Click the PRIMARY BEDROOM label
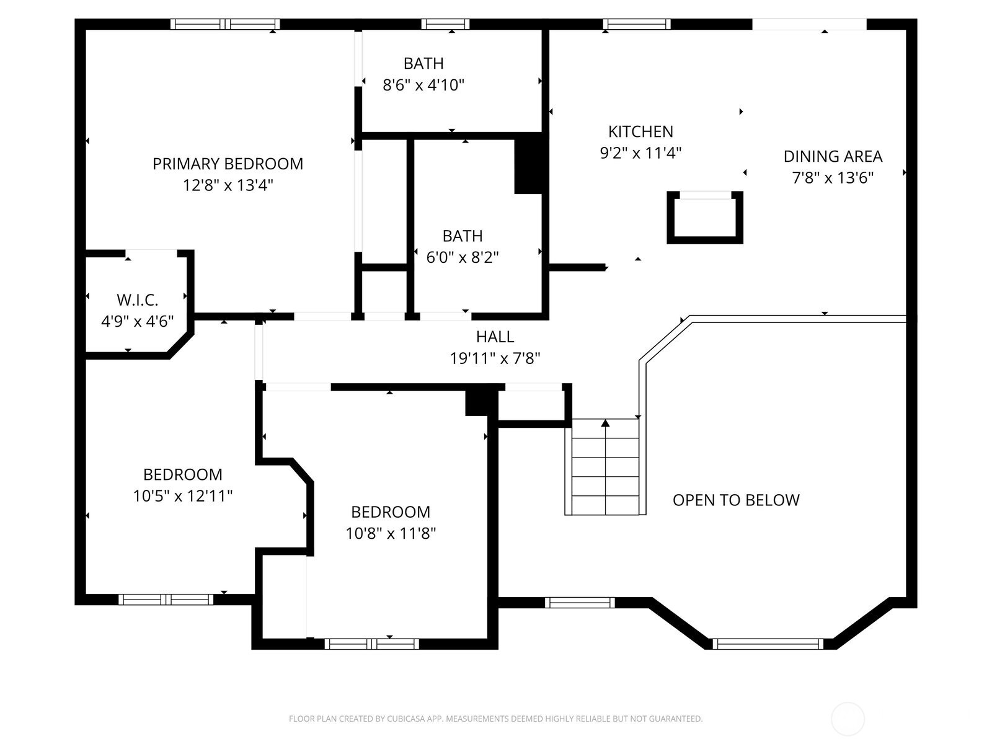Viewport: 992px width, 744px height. (x=228, y=164)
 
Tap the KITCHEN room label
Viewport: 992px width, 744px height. (x=640, y=131)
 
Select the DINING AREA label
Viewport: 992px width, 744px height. (x=833, y=156)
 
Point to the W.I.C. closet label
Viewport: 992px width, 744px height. (x=137, y=299)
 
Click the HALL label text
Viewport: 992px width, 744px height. (x=495, y=337)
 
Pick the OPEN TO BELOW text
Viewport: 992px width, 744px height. (x=736, y=500)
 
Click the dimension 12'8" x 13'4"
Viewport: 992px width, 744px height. (x=228, y=185)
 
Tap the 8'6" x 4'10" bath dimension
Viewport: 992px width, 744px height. (x=423, y=85)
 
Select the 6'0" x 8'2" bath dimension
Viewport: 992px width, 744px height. (x=463, y=257)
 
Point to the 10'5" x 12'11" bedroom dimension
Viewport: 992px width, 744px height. (x=182, y=496)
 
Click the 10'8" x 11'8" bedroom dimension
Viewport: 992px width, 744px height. (x=391, y=533)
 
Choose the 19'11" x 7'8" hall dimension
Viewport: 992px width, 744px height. (x=495, y=358)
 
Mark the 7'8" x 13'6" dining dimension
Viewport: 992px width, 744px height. (x=833, y=177)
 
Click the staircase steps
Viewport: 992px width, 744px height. (x=605, y=467)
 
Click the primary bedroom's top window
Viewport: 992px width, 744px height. (x=224, y=24)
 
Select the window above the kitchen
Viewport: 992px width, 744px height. (x=636, y=24)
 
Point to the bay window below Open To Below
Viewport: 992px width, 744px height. (x=768, y=644)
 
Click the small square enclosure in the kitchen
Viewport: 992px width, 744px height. (x=704, y=217)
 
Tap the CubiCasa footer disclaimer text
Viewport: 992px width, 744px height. (x=495, y=718)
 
